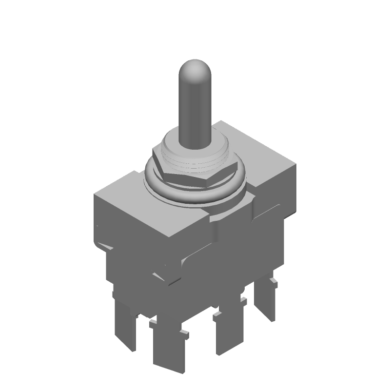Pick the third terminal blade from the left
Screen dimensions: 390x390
pos(229,331)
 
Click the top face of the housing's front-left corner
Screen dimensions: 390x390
pos(122,188)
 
